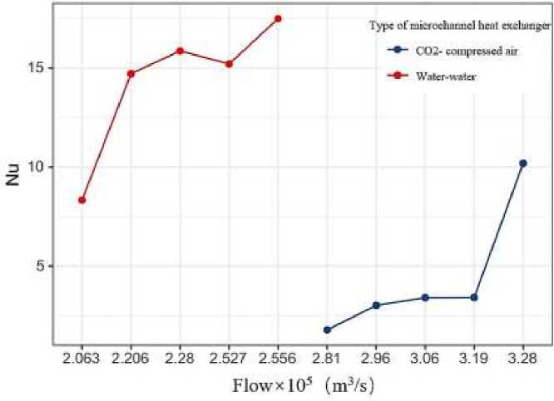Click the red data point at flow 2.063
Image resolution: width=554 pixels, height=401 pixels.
(x=82, y=200)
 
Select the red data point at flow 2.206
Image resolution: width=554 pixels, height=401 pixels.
(x=131, y=74)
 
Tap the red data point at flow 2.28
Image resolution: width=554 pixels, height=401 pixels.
(x=180, y=51)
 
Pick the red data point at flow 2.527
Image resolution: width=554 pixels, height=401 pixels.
(x=229, y=64)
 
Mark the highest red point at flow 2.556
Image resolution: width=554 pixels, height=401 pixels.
(x=278, y=18)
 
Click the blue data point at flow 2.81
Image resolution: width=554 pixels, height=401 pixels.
(x=327, y=330)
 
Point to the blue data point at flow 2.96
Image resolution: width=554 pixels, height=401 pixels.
(x=376, y=306)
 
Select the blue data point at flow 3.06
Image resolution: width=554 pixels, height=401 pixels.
(x=425, y=297)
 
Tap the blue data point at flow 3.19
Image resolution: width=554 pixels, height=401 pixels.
(x=474, y=297)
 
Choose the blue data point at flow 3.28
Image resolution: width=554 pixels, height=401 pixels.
(x=522, y=164)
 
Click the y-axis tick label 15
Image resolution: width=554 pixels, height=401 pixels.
(x=35, y=68)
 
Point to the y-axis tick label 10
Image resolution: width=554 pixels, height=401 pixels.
(x=35, y=167)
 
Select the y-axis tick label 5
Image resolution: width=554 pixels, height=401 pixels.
(x=38, y=267)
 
